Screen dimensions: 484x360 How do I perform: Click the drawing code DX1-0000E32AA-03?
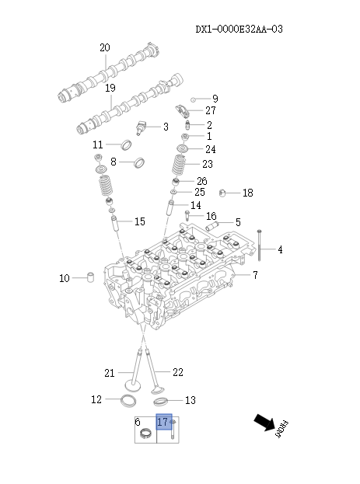pyautogui.click(x=239, y=30)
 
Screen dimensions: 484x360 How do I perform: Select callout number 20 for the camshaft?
pyautogui.click(x=105, y=48)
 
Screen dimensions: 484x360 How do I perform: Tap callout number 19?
pyautogui.click(x=110, y=88)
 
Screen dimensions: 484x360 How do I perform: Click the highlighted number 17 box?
pyautogui.click(x=163, y=422)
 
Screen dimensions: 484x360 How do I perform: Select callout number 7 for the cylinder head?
pyautogui.click(x=255, y=275)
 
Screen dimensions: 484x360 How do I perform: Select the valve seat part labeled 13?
pyautogui.click(x=161, y=401)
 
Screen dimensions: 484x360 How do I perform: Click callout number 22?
pyautogui.click(x=177, y=373)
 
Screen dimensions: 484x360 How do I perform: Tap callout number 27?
pyautogui.click(x=211, y=111)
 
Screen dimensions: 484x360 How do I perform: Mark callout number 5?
pyautogui.click(x=237, y=223)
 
